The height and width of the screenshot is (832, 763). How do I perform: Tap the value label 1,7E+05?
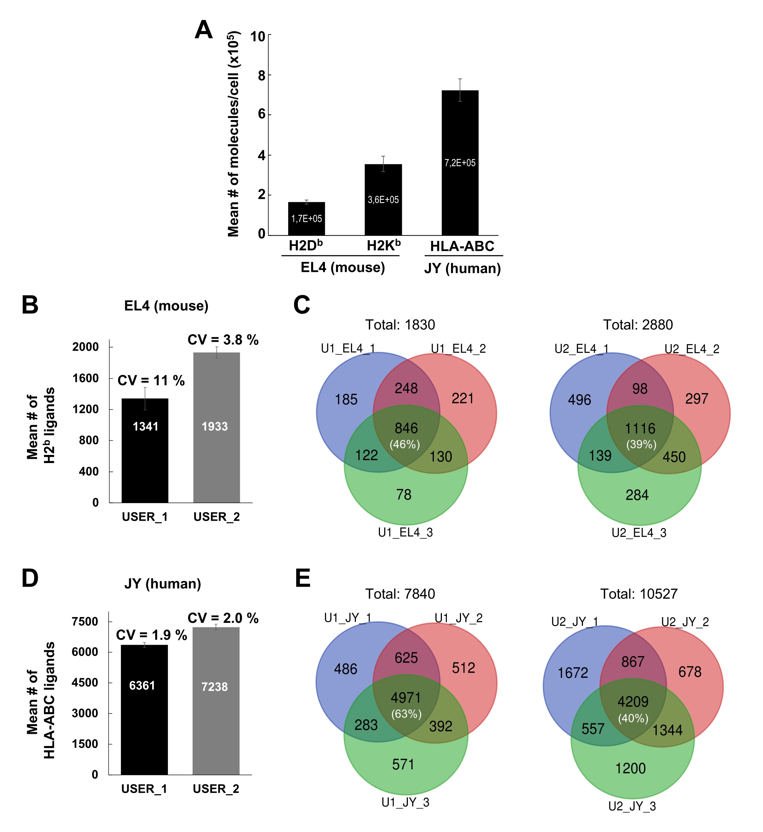click(306, 218)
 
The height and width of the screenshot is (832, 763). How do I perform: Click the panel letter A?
click(203, 30)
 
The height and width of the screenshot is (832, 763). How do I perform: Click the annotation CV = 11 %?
click(151, 380)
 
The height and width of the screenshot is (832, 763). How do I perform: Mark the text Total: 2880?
click(638, 325)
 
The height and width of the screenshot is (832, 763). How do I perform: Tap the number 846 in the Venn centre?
click(406, 428)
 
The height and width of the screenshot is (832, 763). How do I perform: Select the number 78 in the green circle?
click(404, 495)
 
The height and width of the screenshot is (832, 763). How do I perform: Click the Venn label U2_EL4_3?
click(639, 533)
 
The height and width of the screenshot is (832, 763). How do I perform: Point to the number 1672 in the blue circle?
click(573, 673)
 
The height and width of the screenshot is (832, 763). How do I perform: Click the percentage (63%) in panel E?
click(406, 714)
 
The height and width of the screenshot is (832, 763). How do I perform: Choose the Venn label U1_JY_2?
click(458, 618)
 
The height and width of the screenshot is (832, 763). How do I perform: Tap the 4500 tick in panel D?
click(84, 682)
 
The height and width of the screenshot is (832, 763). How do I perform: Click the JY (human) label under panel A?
click(463, 268)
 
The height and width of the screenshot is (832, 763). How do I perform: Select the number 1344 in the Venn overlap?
click(667, 730)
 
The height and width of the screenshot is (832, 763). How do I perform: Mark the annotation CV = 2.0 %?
click(223, 618)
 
